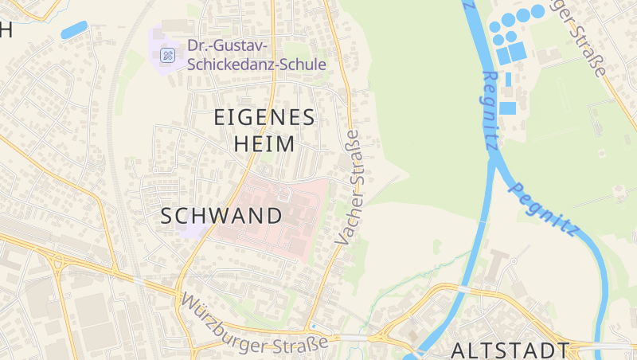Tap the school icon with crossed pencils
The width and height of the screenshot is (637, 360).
tap(167, 55)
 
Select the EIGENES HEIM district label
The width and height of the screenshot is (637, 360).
tap(264, 131)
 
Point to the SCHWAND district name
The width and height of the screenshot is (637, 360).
tap(221, 216)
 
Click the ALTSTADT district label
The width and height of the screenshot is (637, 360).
tap(510, 350)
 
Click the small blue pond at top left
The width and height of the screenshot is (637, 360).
tap(74, 29)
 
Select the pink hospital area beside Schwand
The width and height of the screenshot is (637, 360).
tap(279, 215)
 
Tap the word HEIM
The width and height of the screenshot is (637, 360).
tap(264, 144)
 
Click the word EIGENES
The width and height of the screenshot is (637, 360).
tap(264, 117)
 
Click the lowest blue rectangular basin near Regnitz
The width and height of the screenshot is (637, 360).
tap(507, 108)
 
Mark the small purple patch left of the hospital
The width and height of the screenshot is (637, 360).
tap(194, 230)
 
